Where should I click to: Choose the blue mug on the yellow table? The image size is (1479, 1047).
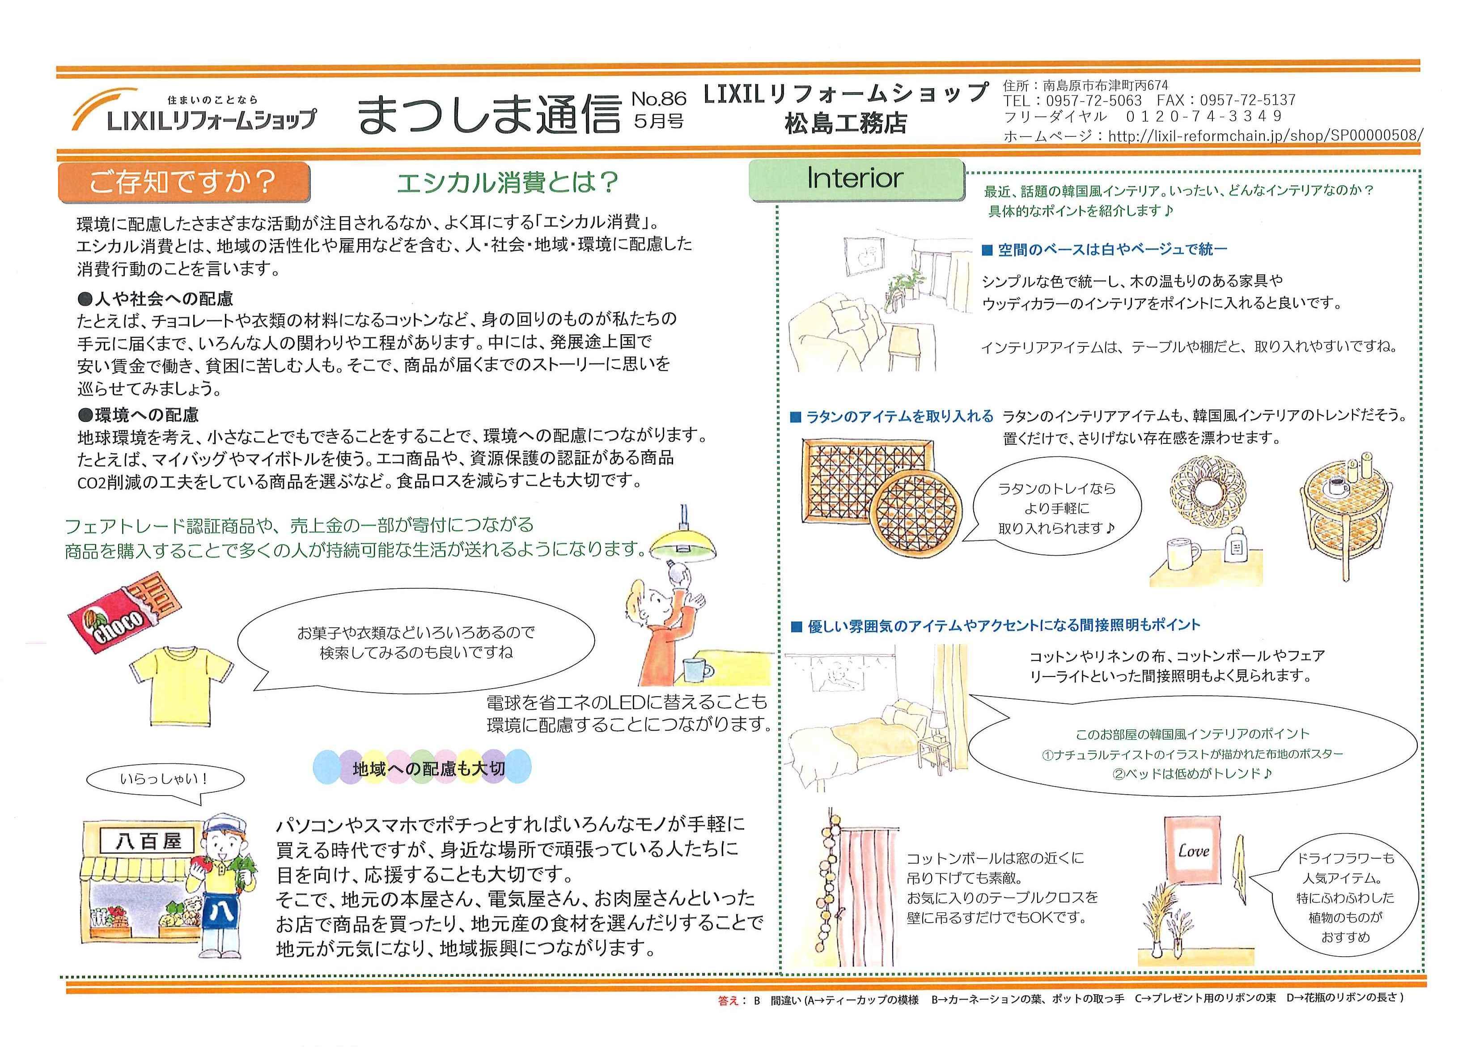tap(697, 669)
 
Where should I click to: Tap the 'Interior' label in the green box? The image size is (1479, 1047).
tap(855, 179)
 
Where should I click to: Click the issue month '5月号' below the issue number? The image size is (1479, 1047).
tap(658, 121)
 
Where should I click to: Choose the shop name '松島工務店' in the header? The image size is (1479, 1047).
tap(846, 123)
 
